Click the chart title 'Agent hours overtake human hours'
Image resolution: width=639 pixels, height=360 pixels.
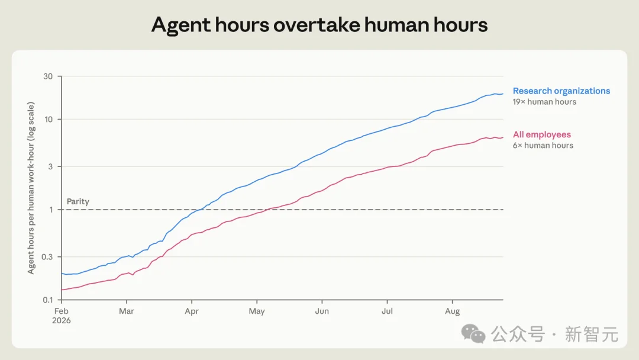(319, 25)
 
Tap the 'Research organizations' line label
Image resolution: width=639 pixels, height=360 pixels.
(561, 91)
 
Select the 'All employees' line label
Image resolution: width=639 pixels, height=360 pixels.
(541, 134)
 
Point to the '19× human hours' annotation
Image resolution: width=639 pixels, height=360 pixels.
(544, 102)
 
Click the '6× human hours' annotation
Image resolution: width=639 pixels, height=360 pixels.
(543, 146)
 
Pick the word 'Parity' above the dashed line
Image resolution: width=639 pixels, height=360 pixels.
(78, 201)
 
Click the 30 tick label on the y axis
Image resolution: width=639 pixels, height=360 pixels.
(48, 76)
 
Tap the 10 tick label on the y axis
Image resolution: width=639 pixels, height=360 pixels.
(49, 120)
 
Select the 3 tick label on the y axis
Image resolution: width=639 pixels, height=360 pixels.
(50, 166)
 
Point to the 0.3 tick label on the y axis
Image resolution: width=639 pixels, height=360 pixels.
(47, 257)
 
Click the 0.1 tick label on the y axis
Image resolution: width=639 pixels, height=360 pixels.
(48, 300)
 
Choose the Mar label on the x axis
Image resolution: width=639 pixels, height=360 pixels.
(127, 311)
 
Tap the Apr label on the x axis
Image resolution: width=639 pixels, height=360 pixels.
(192, 311)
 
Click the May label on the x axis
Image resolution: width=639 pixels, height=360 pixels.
(257, 311)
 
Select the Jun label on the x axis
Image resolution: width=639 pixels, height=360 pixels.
(322, 311)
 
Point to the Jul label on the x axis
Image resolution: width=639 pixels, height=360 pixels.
(387, 311)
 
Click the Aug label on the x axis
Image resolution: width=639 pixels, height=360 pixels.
(453, 311)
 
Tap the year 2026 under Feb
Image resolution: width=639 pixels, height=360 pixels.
(61, 320)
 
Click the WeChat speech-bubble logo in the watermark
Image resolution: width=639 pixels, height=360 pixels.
(473, 334)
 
